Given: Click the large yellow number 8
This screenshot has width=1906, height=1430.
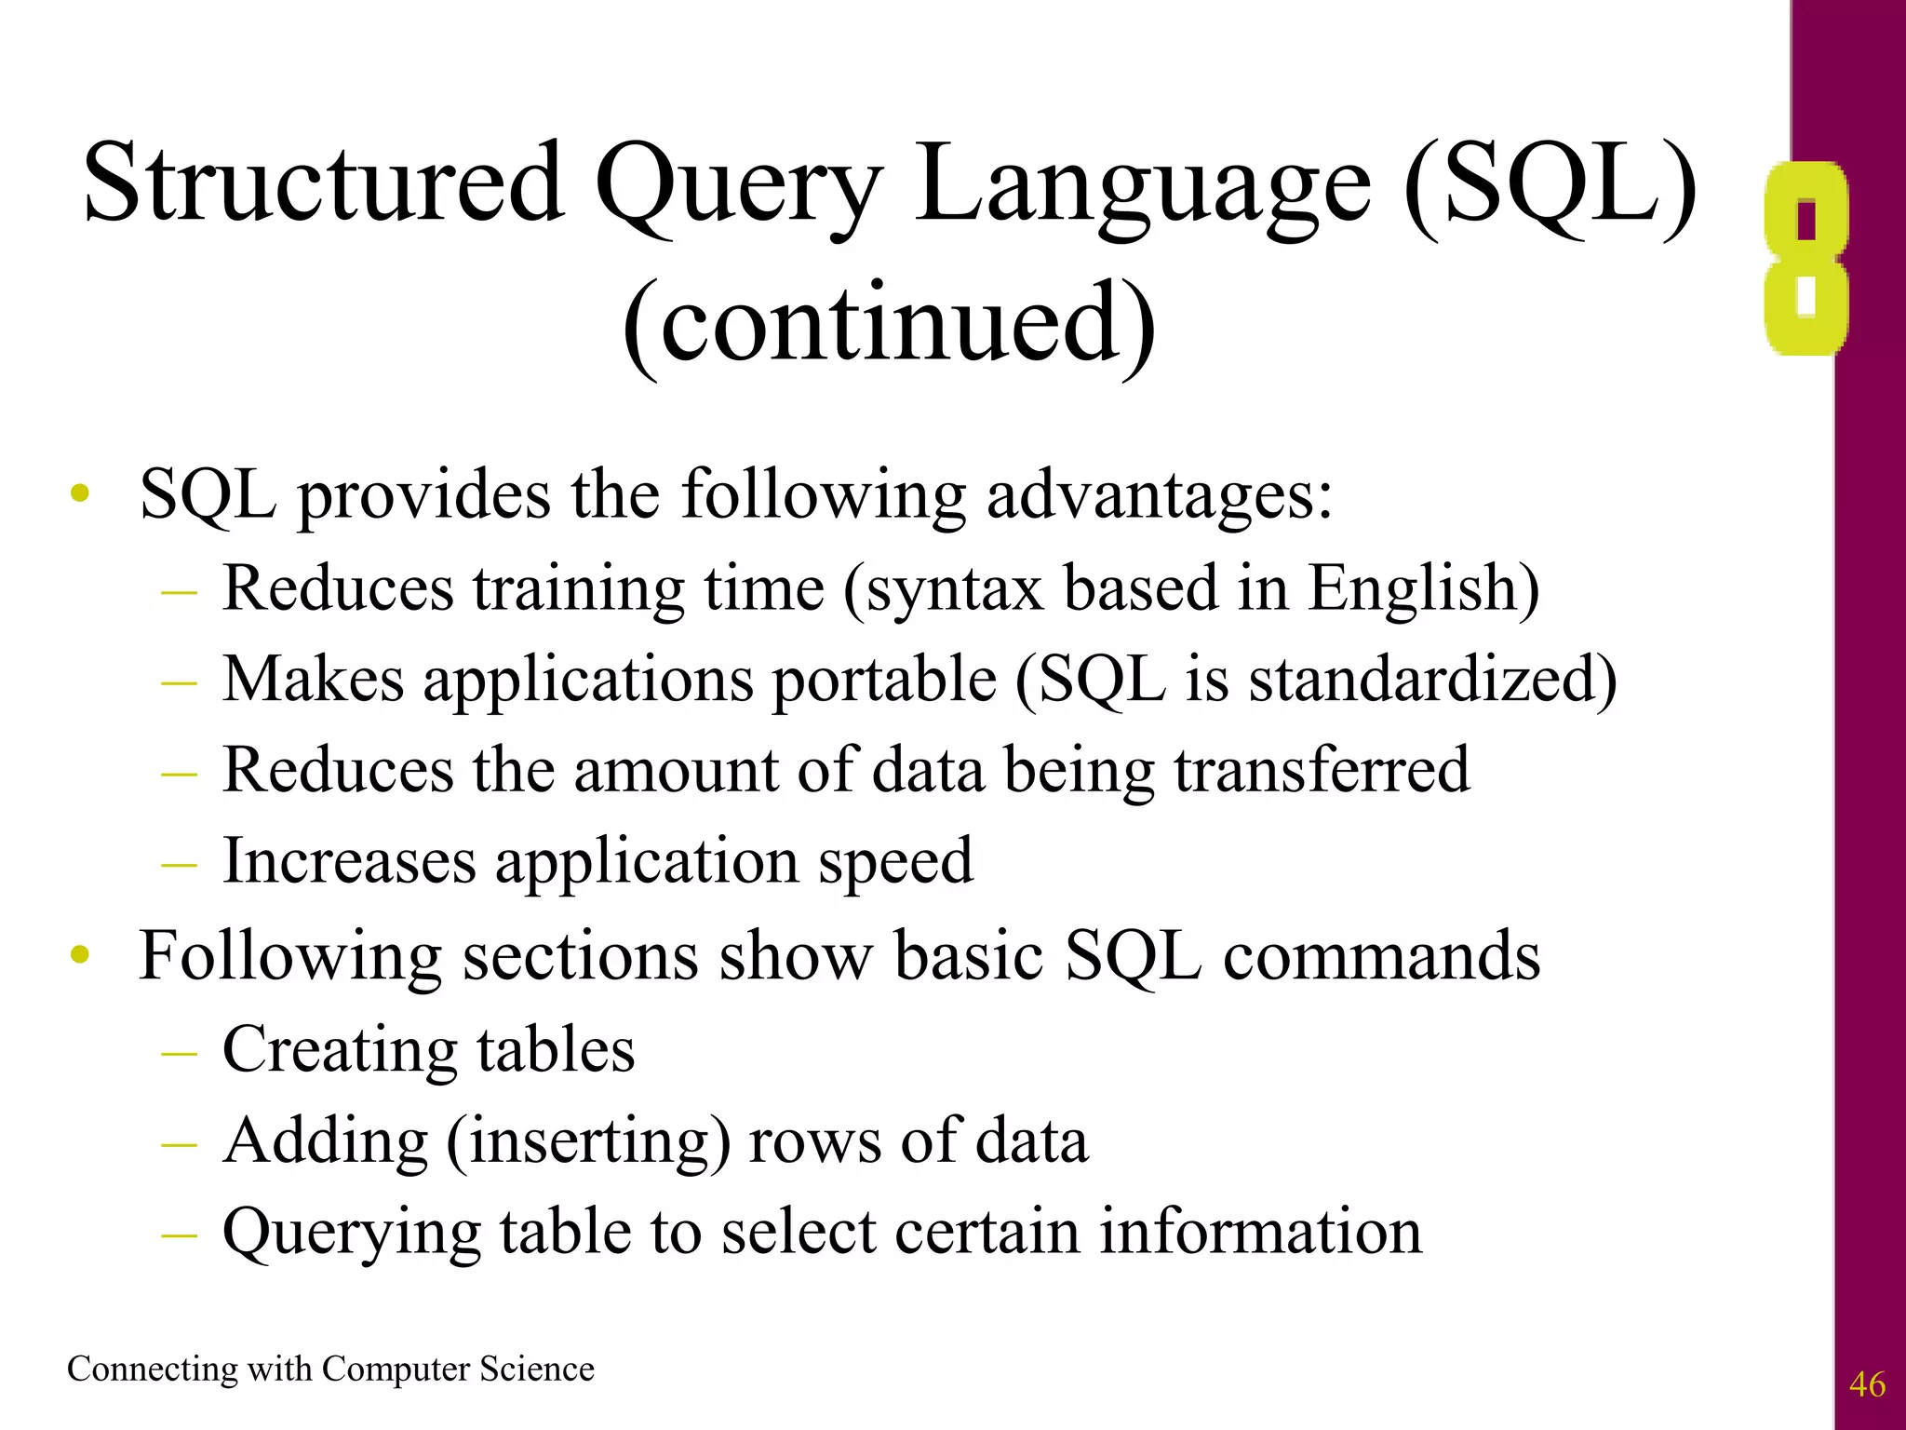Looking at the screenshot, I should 1805,259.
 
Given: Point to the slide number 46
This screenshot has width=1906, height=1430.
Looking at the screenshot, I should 1866,1384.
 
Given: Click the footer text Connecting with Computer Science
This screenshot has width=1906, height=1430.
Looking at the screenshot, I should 330,1369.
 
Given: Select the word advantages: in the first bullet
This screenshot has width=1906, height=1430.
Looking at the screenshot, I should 1159,495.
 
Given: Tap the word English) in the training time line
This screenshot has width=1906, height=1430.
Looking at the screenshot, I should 1424,589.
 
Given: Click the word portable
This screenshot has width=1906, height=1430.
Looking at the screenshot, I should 884,681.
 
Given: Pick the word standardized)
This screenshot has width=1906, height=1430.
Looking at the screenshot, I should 1432,679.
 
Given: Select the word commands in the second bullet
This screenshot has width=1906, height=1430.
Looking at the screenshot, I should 1381,956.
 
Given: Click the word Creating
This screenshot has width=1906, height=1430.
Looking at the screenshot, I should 339,1050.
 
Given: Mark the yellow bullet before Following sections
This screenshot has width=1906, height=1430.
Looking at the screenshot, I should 81,954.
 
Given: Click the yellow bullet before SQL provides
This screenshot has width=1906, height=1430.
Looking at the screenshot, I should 81,493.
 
